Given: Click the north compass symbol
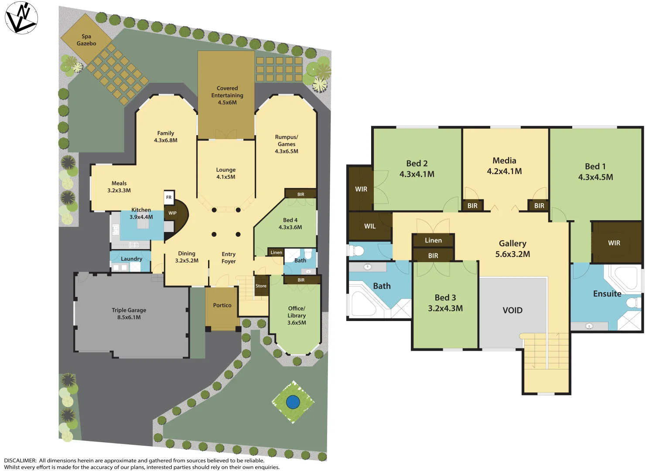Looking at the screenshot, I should (x=21, y=18).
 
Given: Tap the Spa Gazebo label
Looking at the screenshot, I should (x=86, y=40).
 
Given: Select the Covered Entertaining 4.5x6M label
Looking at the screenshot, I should (x=227, y=95).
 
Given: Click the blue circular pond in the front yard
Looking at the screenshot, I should (x=293, y=402).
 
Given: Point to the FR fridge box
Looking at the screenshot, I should (x=169, y=197).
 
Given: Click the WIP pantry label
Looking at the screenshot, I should (x=173, y=213).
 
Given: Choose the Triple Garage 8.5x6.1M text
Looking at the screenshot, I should (x=129, y=314).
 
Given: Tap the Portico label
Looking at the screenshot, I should (x=222, y=305).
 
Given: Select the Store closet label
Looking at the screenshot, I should (x=261, y=286).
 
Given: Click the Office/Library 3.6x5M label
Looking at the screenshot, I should (x=297, y=315).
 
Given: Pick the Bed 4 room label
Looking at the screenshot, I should (x=290, y=223).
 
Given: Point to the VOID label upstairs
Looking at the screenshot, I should (x=512, y=310).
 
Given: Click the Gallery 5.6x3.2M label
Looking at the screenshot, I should (x=512, y=249).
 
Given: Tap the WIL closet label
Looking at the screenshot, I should (x=370, y=226).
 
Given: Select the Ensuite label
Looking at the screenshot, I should (x=607, y=294).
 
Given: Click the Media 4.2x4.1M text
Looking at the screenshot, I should (x=504, y=166).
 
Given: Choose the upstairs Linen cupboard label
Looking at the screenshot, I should (x=433, y=240).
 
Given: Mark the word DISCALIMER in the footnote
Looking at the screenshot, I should (x=20, y=461).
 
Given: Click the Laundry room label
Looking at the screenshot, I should (x=131, y=259).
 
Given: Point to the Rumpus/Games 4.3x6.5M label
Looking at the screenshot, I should (x=287, y=144).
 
